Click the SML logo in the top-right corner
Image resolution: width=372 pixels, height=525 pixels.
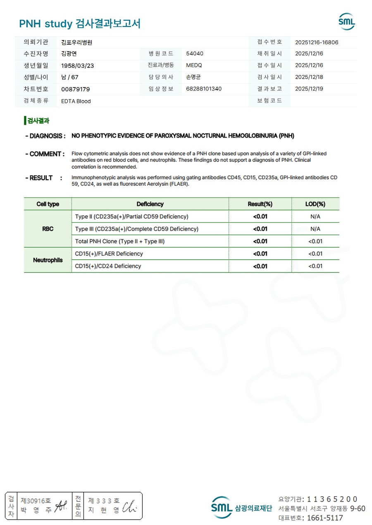(x=346, y=21)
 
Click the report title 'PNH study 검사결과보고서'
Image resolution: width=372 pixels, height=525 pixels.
(x=80, y=24)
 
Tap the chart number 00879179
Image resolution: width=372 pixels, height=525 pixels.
(x=75, y=89)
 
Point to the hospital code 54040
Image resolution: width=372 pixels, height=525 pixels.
(x=195, y=54)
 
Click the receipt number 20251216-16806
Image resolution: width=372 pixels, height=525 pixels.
(x=317, y=42)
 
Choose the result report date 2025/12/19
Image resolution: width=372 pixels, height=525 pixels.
(x=309, y=89)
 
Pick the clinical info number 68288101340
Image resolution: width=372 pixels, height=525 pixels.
(x=204, y=89)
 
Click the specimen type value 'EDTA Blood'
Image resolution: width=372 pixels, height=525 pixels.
(x=76, y=101)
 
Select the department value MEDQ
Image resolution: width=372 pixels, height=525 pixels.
(x=194, y=65)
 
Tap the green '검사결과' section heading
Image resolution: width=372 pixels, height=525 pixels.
(x=38, y=121)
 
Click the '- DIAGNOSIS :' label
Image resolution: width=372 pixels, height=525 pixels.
(x=45, y=136)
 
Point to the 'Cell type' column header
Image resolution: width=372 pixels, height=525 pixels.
(x=48, y=204)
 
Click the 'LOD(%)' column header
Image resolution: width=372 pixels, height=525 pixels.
(x=315, y=204)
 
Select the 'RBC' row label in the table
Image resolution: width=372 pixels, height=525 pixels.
(x=48, y=229)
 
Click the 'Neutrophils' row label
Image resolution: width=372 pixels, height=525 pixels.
(x=48, y=260)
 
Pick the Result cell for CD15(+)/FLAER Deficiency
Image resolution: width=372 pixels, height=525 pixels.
(x=260, y=254)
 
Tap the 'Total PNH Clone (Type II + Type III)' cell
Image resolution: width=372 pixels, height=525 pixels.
(x=120, y=241)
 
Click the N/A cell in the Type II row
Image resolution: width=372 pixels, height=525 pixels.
(x=315, y=216)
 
